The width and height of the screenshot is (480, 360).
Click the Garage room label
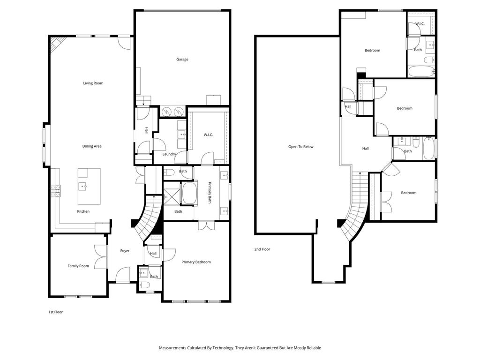(182, 60)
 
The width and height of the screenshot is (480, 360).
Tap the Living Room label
(93, 83)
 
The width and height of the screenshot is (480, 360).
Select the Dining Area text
(92, 146)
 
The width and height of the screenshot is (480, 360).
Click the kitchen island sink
(83, 186)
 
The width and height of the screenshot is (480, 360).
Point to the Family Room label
(78, 266)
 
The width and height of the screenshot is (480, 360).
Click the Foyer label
(125, 251)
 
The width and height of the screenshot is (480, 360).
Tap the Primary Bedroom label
(196, 262)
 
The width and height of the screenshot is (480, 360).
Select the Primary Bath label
(210, 193)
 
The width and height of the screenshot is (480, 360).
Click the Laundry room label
(169, 154)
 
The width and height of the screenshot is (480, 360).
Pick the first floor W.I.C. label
(209, 135)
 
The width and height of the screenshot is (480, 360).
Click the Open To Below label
(301, 147)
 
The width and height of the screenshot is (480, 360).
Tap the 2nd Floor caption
(262, 249)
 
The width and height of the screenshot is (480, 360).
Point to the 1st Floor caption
(56, 312)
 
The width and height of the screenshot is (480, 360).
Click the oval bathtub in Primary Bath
(189, 193)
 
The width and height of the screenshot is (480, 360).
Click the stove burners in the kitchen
(57, 191)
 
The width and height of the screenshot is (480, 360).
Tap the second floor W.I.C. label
(420, 23)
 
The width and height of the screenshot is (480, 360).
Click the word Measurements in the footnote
(172, 348)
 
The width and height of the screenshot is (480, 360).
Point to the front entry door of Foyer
(123, 274)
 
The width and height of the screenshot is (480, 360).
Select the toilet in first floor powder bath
(143, 285)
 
